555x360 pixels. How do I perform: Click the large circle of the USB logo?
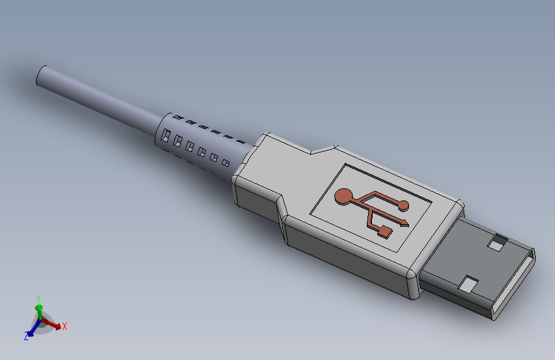click(x=344, y=197)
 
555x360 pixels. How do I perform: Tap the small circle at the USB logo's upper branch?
click(x=403, y=205)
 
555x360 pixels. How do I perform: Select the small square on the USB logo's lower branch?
click(x=385, y=231)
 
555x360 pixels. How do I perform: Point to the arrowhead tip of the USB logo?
click(x=407, y=224)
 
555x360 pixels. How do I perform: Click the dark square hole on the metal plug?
click(x=496, y=243)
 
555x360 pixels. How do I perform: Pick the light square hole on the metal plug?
click(x=469, y=282)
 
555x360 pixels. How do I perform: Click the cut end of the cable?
click(x=42, y=76)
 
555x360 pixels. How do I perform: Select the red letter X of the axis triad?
click(x=65, y=326)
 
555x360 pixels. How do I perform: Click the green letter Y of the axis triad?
click(x=39, y=299)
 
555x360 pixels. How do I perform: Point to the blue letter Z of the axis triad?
click(x=26, y=336)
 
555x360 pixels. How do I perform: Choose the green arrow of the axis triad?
click(x=38, y=311)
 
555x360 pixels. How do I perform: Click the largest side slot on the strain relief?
click(x=166, y=136)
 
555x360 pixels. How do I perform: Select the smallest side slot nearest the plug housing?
click(x=226, y=163)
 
